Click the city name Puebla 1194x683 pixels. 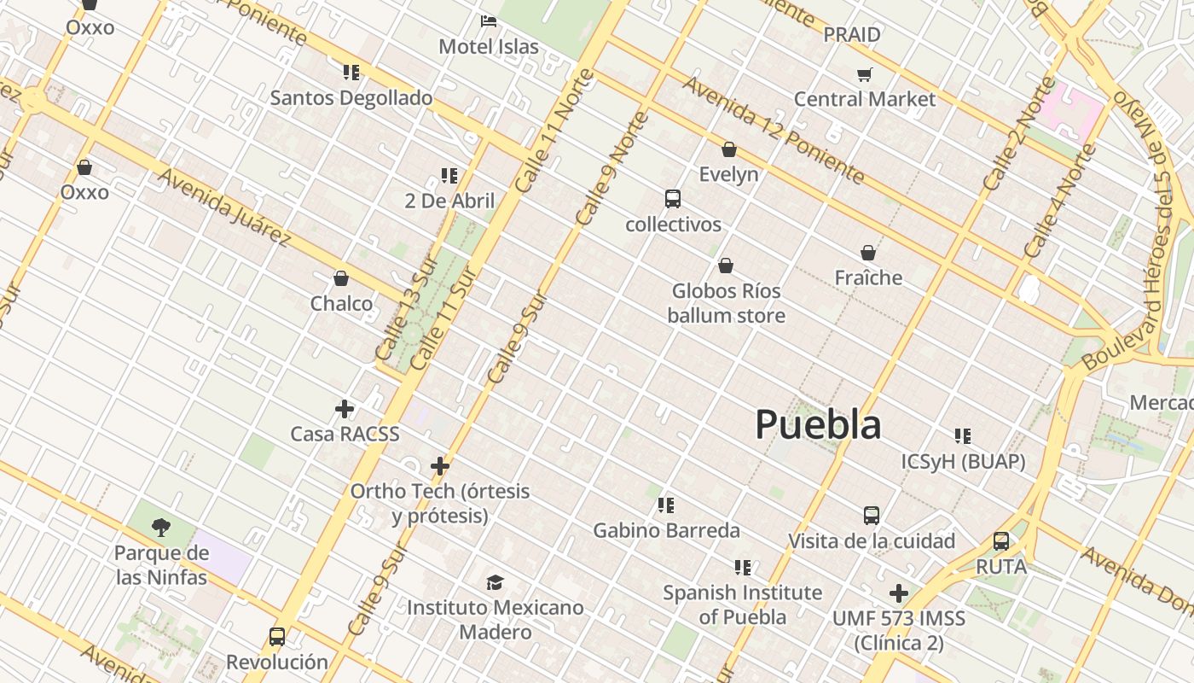818,424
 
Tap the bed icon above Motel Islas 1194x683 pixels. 489,20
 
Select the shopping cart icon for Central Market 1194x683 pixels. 865,74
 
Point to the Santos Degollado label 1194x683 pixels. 351,97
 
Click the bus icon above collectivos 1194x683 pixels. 673,199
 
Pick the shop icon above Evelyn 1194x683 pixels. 728,149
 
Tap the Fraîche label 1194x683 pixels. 868,277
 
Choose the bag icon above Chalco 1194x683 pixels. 341,278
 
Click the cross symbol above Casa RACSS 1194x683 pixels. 345,409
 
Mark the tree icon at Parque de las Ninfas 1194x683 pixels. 161,527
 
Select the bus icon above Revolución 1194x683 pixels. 277,636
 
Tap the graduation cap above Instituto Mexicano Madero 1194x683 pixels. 495,582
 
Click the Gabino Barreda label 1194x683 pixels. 666,530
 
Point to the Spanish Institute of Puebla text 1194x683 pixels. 742,604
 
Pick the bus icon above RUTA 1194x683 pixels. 1001,541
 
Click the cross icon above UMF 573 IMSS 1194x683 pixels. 899,593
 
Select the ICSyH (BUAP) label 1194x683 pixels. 963,462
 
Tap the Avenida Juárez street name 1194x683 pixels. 224,207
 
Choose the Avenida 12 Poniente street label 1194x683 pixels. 774,130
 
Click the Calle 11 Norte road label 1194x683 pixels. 555,131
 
